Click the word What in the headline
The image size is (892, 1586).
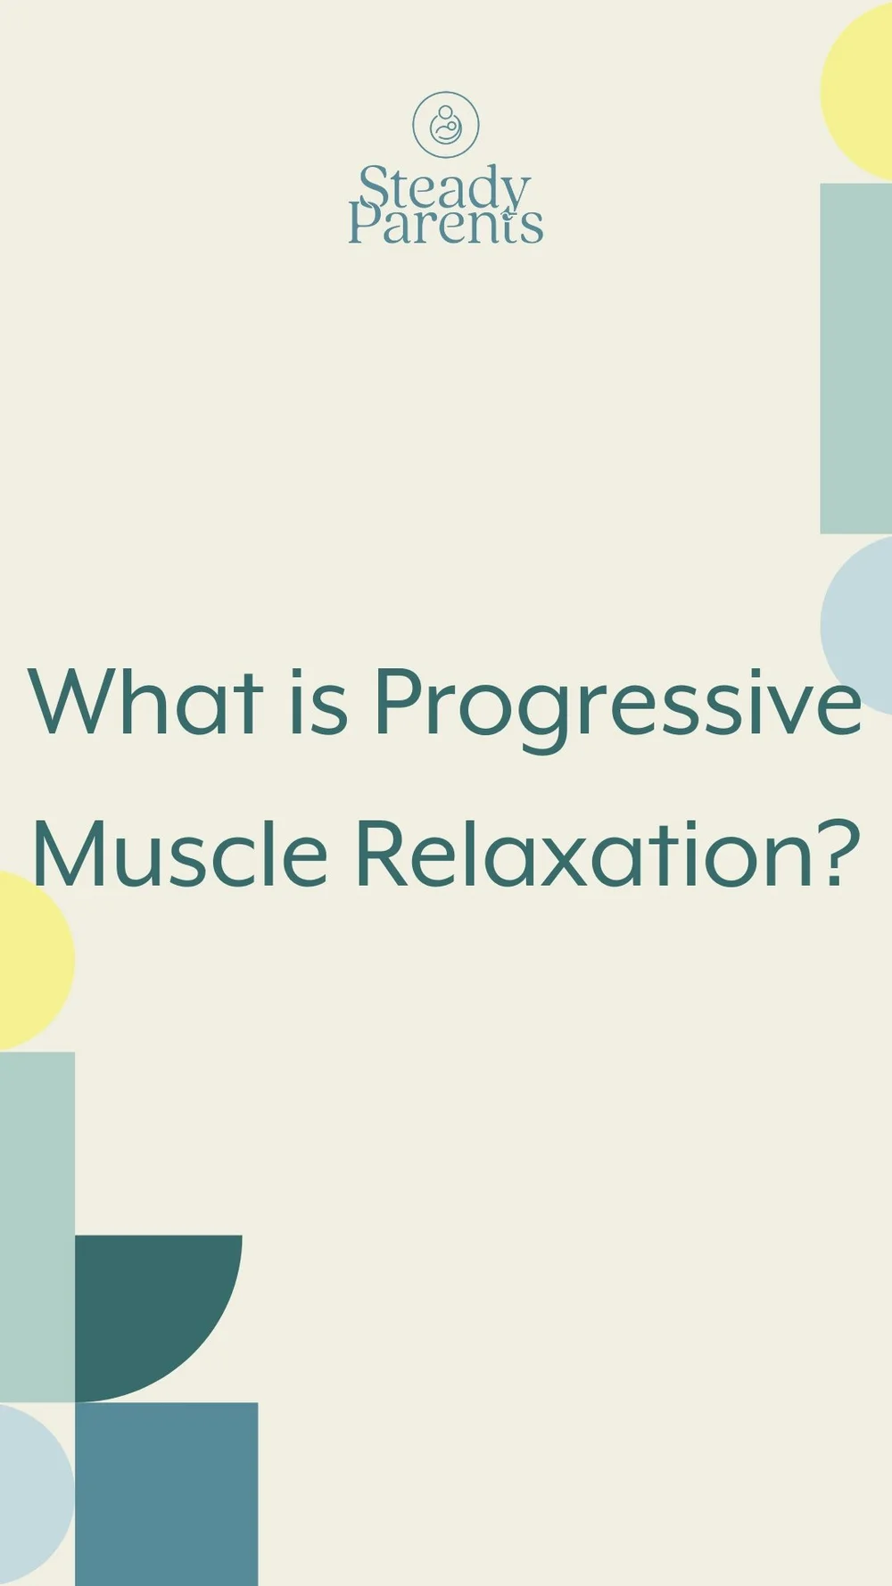click(x=147, y=703)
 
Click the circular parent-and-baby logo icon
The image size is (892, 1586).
click(x=445, y=125)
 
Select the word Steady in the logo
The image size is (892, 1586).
click(x=444, y=189)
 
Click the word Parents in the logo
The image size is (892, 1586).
click(x=444, y=225)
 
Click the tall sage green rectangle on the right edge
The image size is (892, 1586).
click(x=855, y=357)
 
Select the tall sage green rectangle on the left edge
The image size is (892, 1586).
click(x=37, y=1227)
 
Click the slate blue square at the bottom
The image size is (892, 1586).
click(x=166, y=1494)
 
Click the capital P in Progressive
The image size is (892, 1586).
click(x=394, y=703)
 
